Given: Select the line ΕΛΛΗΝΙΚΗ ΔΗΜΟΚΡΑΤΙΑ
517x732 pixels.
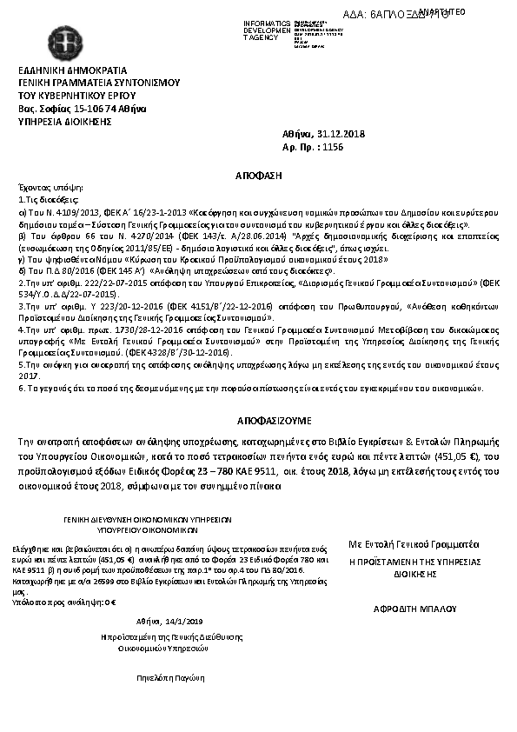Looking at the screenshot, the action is tap(73, 70).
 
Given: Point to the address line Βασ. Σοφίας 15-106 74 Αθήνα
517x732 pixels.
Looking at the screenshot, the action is tap(82, 109).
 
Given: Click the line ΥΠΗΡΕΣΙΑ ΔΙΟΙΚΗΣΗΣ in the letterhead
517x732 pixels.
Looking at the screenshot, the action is tap(66, 122).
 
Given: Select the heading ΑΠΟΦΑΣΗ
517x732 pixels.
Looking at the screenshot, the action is tap(259, 175).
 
